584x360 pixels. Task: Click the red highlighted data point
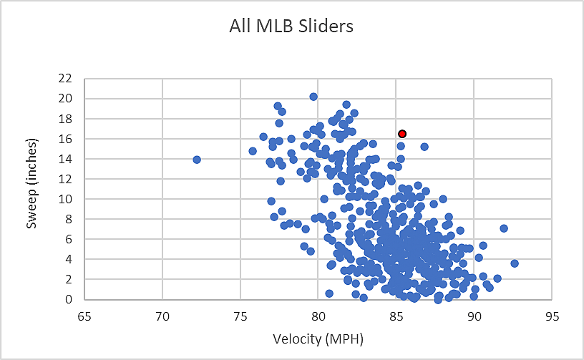[x=402, y=134]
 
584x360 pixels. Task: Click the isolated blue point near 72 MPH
[x=197, y=160]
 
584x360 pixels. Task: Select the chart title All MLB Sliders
[x=291, y=26]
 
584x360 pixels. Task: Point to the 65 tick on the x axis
[x=84, y=315]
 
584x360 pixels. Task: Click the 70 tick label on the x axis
[x=162, y=315]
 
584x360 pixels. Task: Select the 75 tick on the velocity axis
[x=240, y=315]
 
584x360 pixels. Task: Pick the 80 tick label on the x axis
[x=318, y=315]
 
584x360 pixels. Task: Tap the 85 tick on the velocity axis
[x=396, y=315]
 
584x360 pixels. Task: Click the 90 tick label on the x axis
[x=474, y=315]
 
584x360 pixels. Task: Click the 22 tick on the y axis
[x=66, y=78]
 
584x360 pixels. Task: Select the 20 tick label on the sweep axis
[x=66, y=98]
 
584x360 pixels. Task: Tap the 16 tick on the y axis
[x=66, y=139]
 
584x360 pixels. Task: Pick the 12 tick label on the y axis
[x=66, y=179]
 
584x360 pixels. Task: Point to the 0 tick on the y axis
[x=69, y=300]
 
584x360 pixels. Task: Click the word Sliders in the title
[x=327, y=26]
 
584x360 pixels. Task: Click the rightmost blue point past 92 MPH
[x=514, y=263]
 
